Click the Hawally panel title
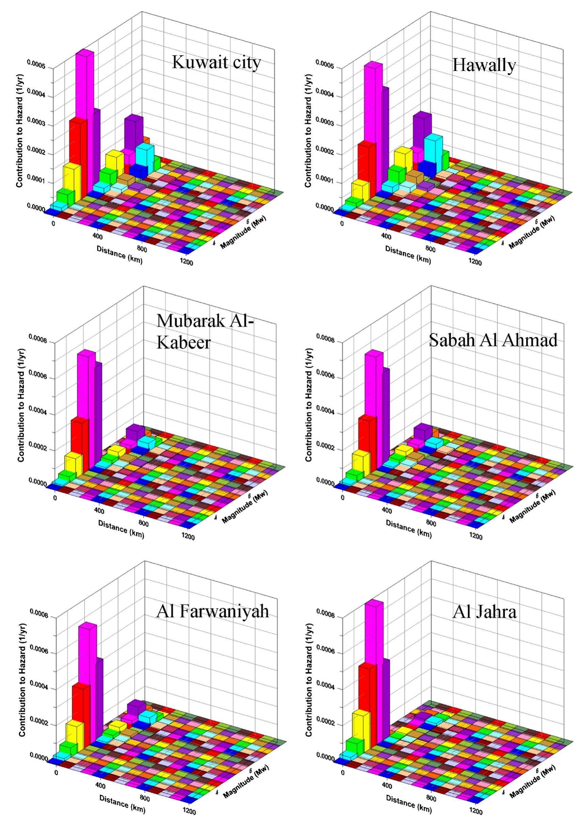click(484, 65)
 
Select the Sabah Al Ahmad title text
click(493, 340)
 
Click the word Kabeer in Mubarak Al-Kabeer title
click(183, 342)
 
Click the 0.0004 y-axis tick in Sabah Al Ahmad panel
click(327, 413)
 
